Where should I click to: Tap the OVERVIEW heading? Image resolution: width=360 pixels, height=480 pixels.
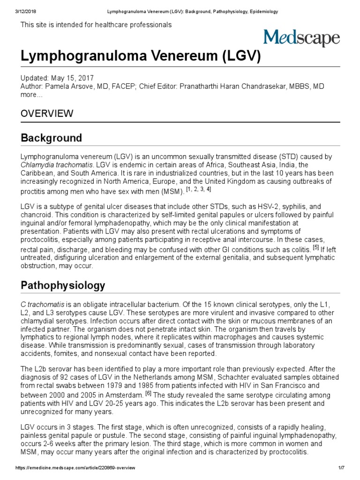point(47,113)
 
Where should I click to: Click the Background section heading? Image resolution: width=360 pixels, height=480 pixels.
point(52,138)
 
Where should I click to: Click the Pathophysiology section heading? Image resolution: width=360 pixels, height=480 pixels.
point(63,285)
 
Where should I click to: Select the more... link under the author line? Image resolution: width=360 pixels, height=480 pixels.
point(31,95)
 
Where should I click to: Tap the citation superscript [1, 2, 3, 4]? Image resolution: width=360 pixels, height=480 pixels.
point(199,189)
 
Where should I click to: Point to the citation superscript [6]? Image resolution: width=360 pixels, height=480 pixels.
point(148,394)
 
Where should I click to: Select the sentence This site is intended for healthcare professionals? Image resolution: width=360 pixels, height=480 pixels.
point(96,25)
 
